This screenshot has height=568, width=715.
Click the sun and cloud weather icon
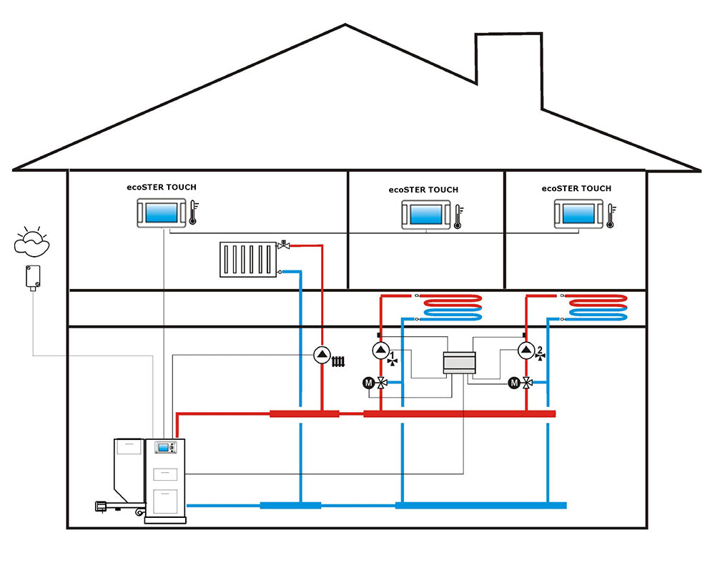[32, 241]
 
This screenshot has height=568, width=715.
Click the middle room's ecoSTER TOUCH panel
[425, 213]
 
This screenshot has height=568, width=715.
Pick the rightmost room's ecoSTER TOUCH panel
[578, 213]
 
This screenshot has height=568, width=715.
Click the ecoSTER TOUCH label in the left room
[161, 187]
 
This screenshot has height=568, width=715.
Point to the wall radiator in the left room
[247, 259]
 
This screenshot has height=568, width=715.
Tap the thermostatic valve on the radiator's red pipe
[284, 245]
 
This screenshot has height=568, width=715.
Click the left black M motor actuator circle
[368, 383]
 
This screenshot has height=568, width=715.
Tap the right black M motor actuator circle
[514, 383]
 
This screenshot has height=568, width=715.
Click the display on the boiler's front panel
[164, 449]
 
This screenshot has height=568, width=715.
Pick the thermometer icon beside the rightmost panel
[610, 214]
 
